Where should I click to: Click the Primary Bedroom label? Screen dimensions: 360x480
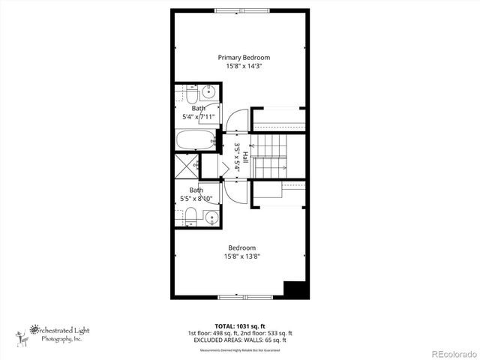point(244,57)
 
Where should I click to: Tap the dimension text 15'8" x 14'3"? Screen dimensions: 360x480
point(244,66)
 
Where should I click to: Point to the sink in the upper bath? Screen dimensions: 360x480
point(208,94)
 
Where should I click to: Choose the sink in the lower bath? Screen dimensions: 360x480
point(209,218)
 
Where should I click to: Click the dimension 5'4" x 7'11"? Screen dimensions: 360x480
point(198,117)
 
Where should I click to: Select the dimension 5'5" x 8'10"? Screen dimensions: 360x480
point(196,199)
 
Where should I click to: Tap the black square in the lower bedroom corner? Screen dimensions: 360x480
point(295,289)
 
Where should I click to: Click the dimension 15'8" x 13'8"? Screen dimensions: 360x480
point(242,256)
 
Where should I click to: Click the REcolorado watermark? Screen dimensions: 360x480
point(451,353)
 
